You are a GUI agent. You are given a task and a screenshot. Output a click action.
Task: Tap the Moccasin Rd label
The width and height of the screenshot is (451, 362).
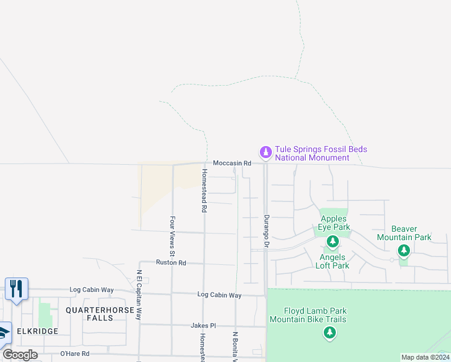[x=232, y=163]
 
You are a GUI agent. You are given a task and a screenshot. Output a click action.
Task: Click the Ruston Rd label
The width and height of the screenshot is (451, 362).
[x=171, y=262]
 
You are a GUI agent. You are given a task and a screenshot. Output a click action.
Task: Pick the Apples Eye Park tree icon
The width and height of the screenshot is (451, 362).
[x=332, y=242]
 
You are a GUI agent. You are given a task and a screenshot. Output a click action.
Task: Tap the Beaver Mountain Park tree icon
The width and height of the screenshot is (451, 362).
[x=403, y=250]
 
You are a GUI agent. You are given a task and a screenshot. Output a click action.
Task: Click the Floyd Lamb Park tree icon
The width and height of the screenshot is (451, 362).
[x=329, y=332]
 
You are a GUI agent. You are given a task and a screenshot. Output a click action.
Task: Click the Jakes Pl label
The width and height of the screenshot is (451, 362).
[x=203, y=325]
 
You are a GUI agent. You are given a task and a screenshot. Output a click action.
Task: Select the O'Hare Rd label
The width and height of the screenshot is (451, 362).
[x=75, y=354]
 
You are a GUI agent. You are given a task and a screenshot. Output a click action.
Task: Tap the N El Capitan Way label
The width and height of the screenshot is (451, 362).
[x=139, y=294]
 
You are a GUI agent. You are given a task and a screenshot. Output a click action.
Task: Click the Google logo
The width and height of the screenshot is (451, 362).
[x=20, y=355]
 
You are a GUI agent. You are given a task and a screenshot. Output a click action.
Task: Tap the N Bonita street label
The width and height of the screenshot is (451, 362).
[x=235, y=346]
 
